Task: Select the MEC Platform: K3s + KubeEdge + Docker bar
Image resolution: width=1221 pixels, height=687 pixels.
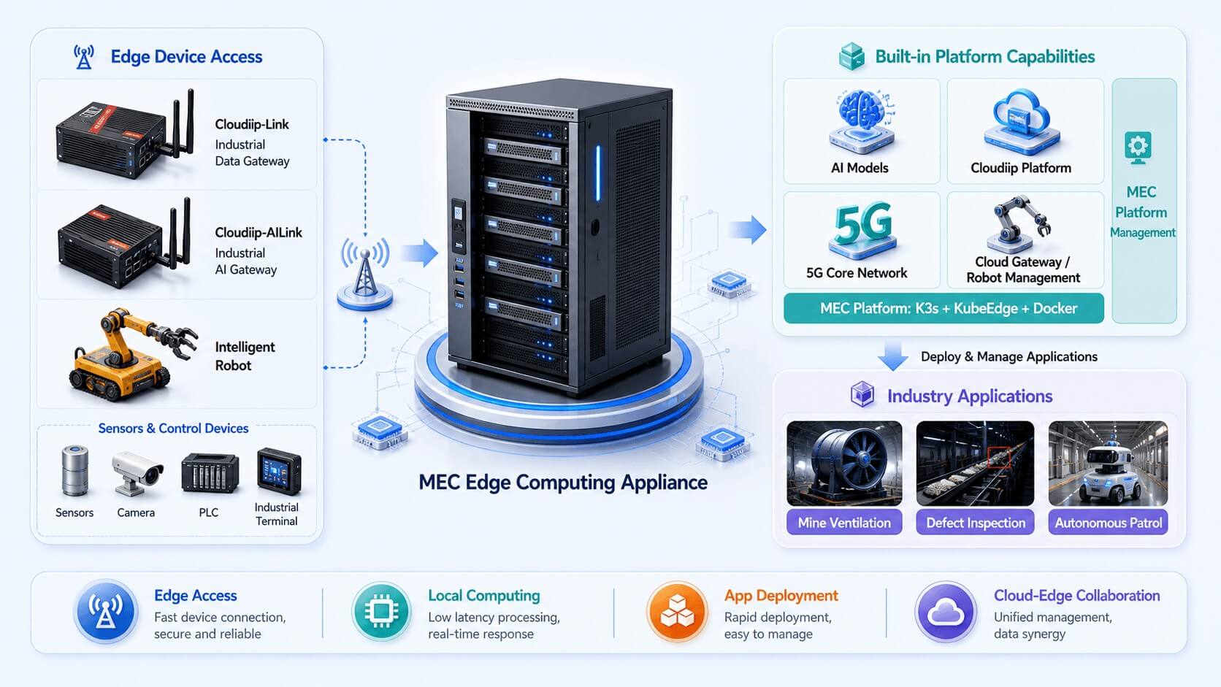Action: [943, 308]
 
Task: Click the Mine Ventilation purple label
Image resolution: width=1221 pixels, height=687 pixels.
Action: [844, 523]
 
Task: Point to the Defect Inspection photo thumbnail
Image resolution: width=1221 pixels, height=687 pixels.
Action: [975, 463]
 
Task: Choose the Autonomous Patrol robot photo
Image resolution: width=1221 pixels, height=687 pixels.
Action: [1108, 463]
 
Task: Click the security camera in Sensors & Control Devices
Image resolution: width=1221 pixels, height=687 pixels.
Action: [136, 473]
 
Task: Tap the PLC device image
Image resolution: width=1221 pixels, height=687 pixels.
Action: [210, 473]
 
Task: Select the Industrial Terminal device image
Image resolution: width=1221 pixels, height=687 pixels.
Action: [279, 471]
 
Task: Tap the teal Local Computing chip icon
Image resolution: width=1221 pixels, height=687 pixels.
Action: [381, 611]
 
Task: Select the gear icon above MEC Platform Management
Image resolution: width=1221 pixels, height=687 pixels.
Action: [1138, 147]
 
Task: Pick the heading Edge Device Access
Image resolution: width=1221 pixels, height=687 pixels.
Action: [186, 57]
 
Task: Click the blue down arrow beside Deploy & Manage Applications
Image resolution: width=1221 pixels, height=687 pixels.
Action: [893, 356]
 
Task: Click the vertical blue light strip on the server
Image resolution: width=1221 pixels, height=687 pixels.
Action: [598, 173]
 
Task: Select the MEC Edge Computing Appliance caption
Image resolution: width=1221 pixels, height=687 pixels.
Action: [563, 483]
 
